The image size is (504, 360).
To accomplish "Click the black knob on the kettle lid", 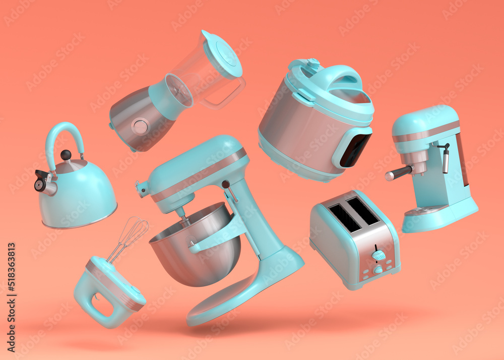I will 66,155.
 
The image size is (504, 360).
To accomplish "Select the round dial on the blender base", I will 140,126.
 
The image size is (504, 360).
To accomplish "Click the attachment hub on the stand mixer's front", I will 142,189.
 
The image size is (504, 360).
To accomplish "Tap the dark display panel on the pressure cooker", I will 355,149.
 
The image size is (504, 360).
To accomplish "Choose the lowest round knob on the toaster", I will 377,270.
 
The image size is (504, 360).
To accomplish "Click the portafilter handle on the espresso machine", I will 398,173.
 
